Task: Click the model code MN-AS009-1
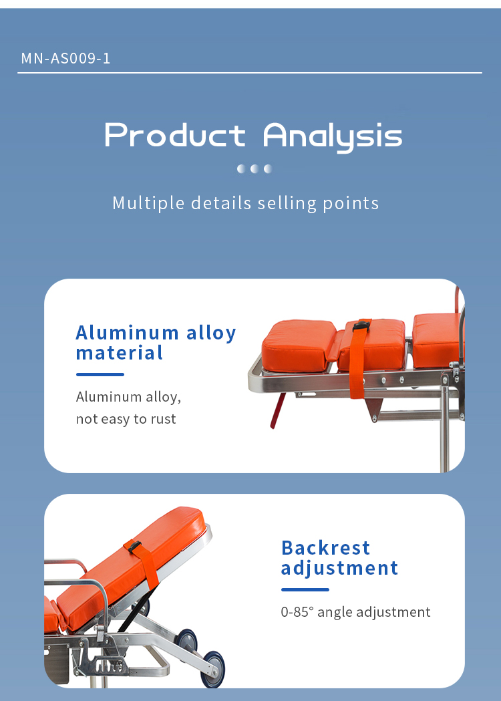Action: pos(65,58)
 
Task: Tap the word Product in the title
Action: pos(175,135)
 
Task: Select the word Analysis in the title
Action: pos(333,137)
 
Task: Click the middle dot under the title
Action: pos(255,168)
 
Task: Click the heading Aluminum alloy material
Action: pos(156,342)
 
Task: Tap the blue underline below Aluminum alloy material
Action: pos(100,374)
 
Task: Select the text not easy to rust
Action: pos(126,419)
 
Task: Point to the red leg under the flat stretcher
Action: pos(277,410)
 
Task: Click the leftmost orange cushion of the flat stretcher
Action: pos(298,345)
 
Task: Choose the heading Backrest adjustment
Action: pos(339,558)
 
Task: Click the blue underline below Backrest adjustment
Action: pos(305,589)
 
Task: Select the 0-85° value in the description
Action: pos(297,611)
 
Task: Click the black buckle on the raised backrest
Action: pos(134,547)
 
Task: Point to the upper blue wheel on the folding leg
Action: pos(186,640)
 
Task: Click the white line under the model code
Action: pos(249,72)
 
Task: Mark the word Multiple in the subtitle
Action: pos(148,203)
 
